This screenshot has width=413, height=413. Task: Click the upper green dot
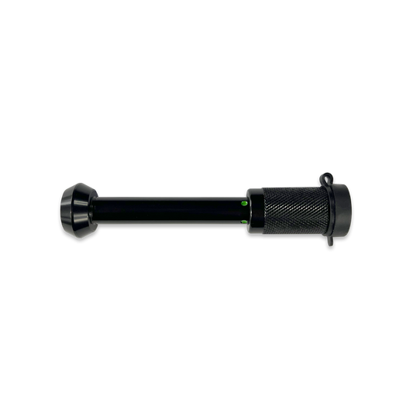click(244, 203)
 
